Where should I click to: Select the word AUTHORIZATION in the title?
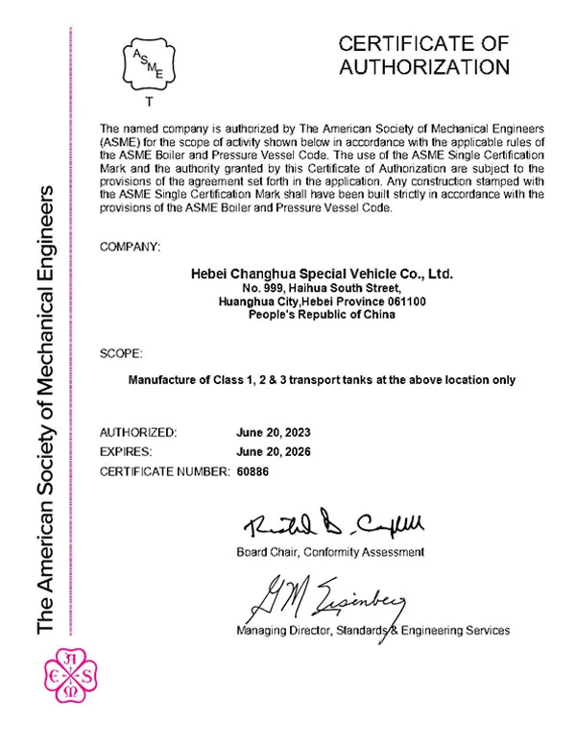coord(424,67)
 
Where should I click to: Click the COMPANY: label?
coord(130,247)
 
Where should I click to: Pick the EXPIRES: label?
coord(130,452)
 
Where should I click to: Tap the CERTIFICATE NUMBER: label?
coord(164,471)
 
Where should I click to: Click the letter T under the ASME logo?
coord(147,101)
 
